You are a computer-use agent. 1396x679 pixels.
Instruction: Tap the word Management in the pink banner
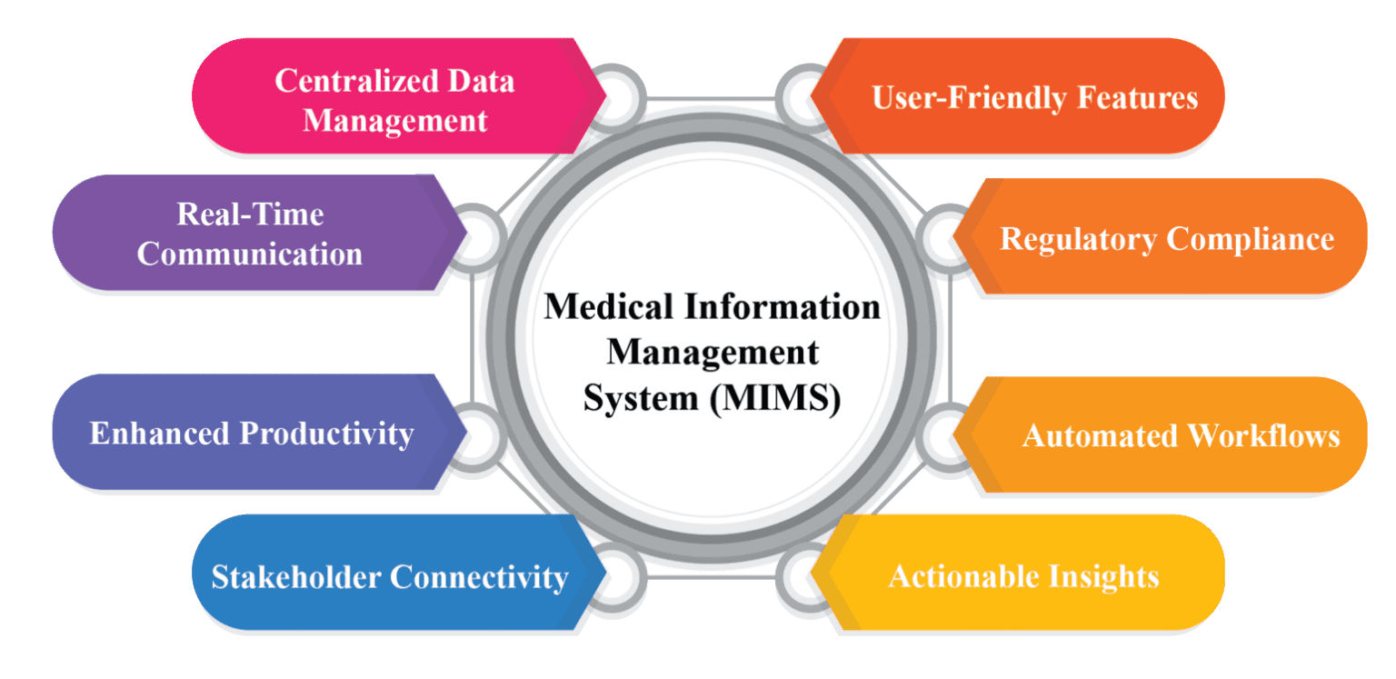pos(395,121)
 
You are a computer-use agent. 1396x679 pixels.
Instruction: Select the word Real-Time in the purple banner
pos(250,215)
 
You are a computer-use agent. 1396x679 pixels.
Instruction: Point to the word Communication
pos(250,254)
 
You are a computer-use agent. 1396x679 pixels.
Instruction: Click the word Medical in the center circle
pos(599,307)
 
